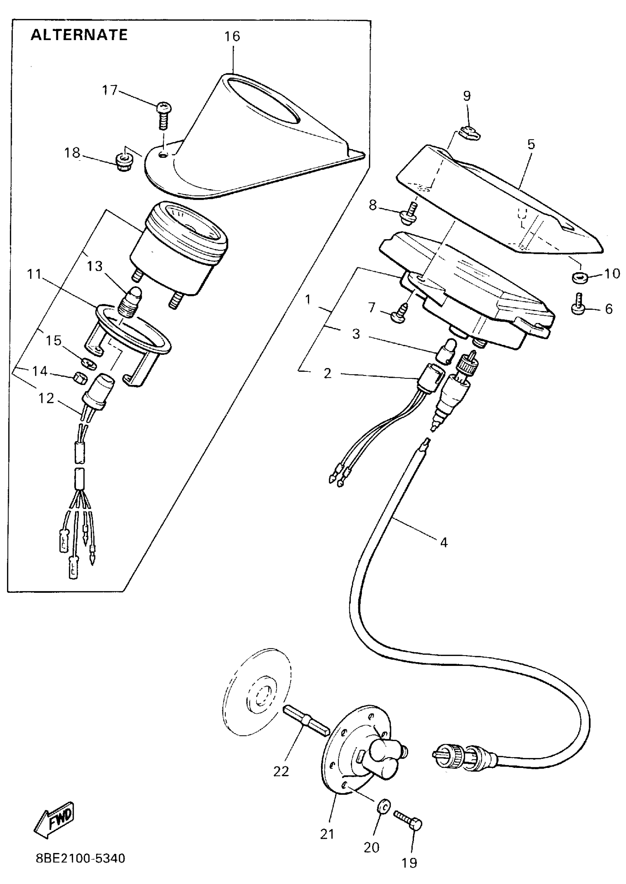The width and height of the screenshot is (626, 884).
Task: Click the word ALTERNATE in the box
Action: (79, 35)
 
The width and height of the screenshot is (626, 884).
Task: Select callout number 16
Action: (232, 36)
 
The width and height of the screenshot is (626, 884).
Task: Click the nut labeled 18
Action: (124, 163)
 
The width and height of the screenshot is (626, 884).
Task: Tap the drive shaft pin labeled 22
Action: (306, 721)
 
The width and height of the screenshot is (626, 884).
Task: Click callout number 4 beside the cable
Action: (444, 542)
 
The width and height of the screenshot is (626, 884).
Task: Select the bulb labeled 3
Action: (446, 350)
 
